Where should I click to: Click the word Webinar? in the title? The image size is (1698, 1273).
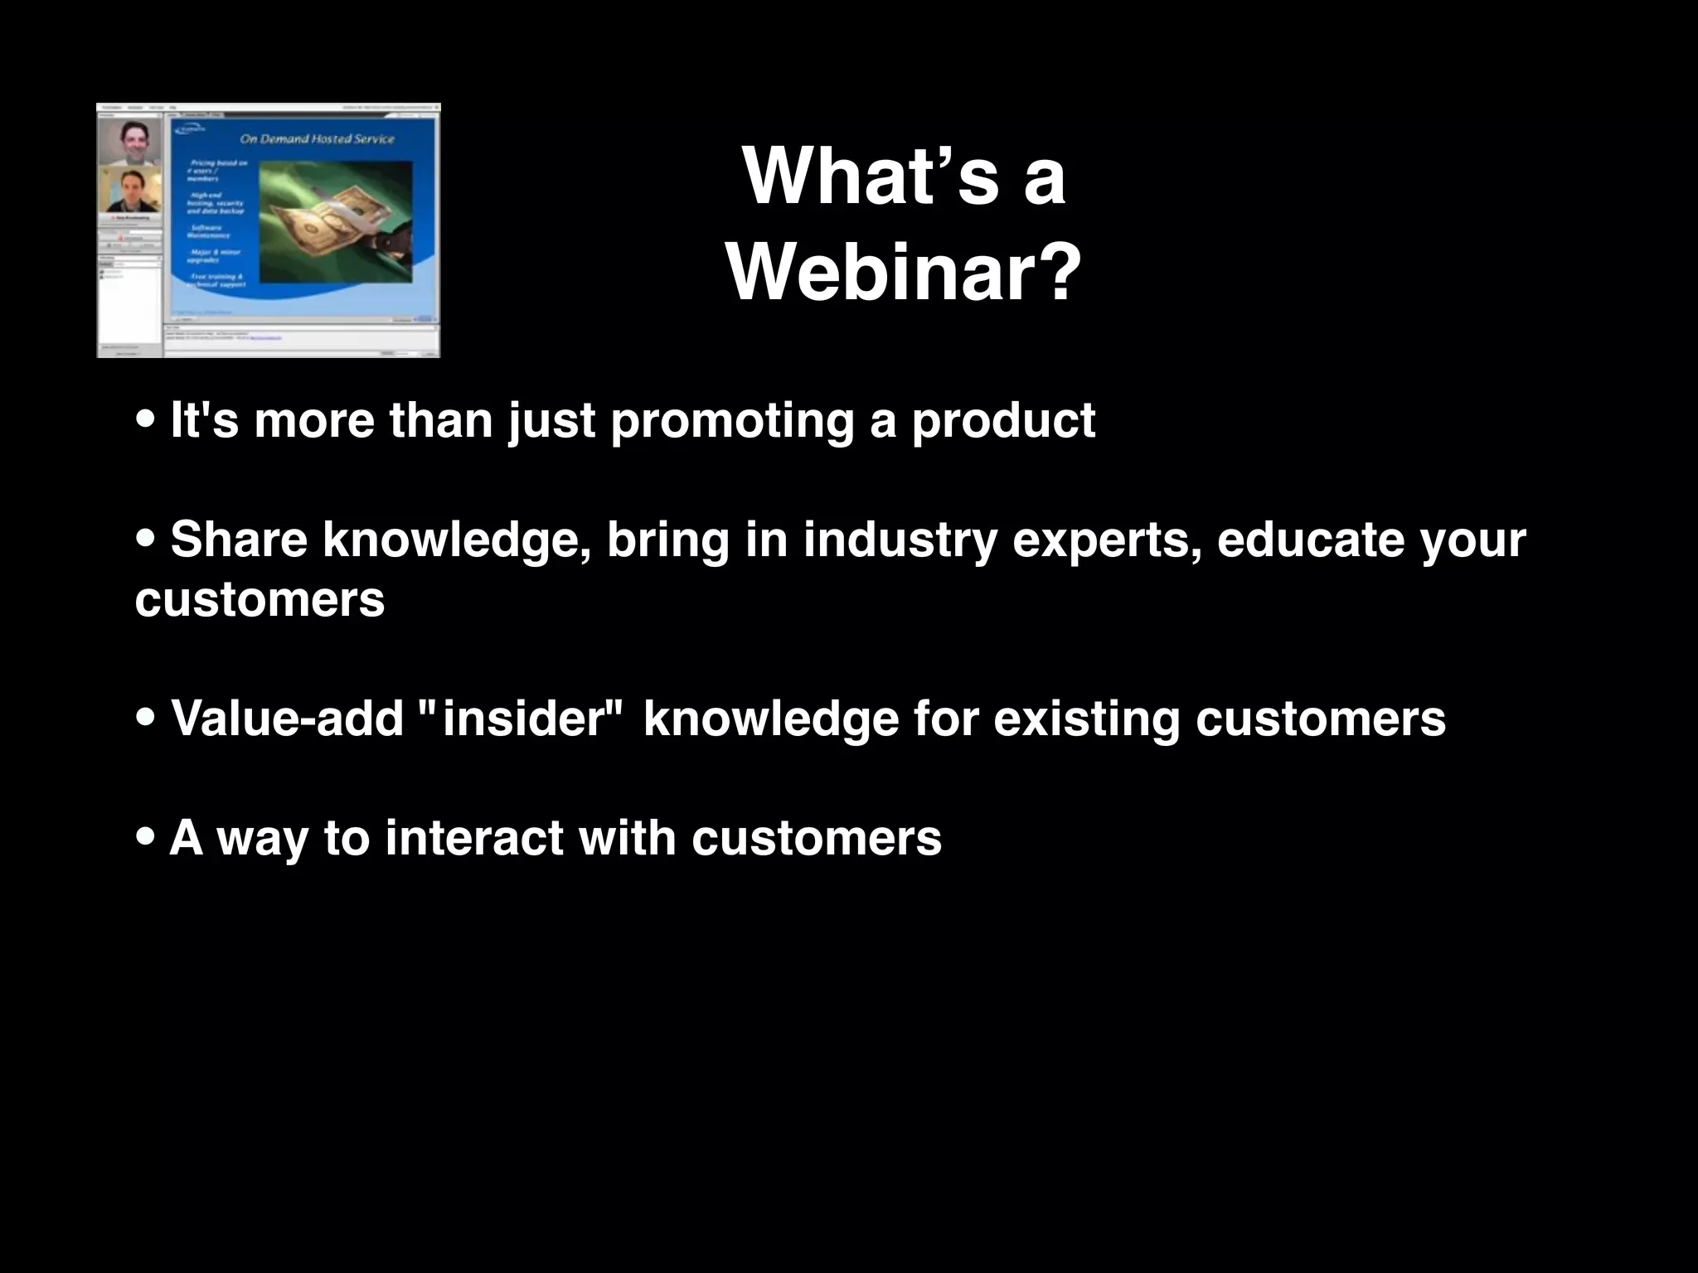(904, 273)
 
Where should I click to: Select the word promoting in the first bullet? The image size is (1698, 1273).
(732, 421)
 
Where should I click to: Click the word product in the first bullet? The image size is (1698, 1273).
(1003, 421)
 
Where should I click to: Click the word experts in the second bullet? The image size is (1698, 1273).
(1107, 541)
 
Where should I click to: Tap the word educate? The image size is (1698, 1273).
(1310, 540)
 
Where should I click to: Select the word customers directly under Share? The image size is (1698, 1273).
(260, 599)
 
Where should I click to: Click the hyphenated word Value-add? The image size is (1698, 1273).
(287, 719)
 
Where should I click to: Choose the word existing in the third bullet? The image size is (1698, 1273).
(1086, 719)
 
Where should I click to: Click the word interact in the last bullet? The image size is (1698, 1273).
(474, 838)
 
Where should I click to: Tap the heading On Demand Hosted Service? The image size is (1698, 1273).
(317, 139)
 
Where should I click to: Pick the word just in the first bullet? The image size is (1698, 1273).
(551, 421)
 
